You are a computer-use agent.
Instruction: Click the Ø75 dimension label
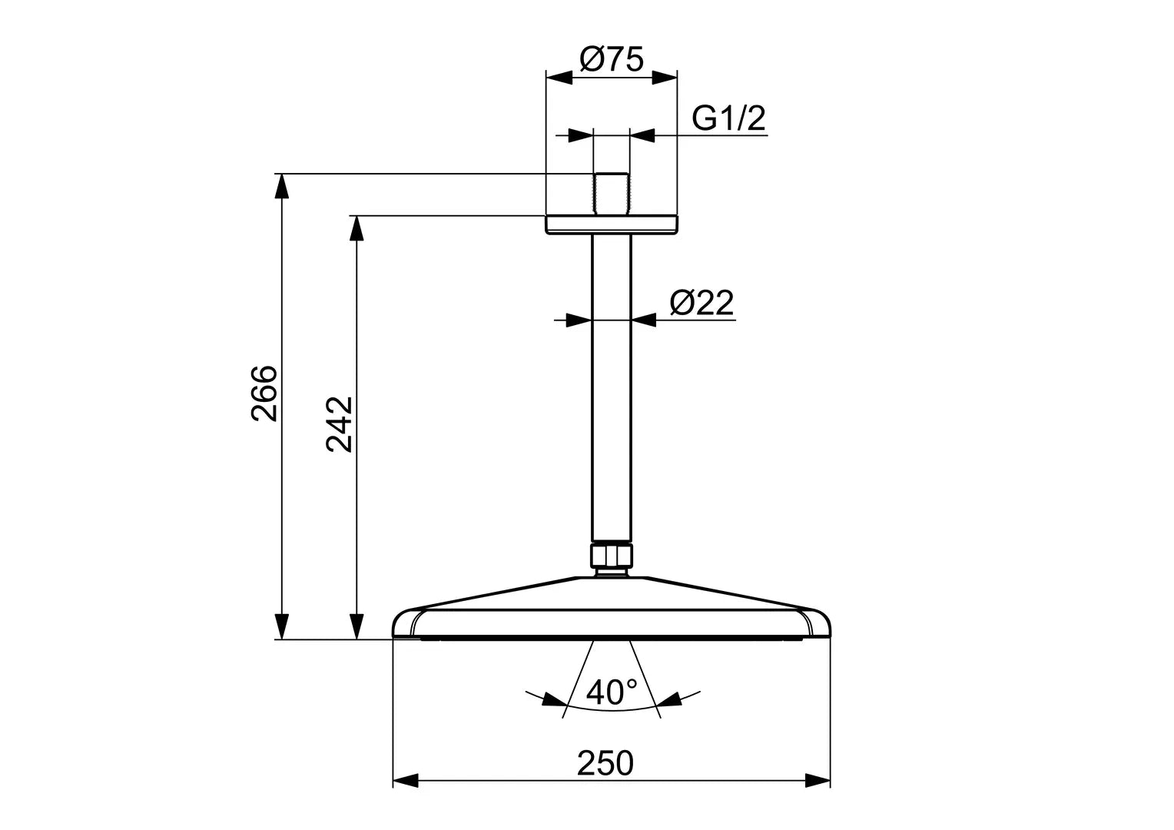tap(612, 59)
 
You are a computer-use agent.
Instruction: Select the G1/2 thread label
tap(728, 118)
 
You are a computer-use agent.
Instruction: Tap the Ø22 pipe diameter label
tap(701, 303)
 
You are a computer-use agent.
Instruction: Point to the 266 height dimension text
tap(264, 393)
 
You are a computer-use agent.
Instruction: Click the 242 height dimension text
tap(339, 423)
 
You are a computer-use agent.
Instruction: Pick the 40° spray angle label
tap(612, 692)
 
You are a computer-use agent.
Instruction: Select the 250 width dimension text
tap(605, 763)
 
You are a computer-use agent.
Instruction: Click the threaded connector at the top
tap(612, 194)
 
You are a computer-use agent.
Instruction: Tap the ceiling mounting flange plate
tap(612, 224)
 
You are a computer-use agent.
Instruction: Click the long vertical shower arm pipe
tap(612, 384)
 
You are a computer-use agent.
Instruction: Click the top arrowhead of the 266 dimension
tap(283, 187)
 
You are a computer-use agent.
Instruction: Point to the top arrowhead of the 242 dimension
tap(356, 228)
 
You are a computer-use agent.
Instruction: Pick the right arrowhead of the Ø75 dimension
tap(665, 78)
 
